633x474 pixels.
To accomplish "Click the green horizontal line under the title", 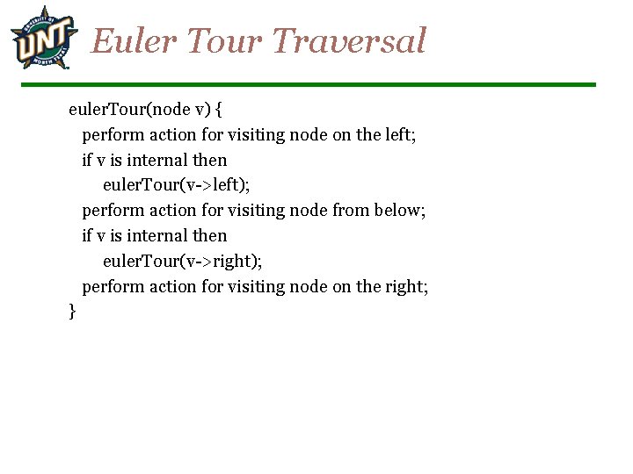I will pos(308,84).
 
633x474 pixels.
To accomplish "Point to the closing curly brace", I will pos(72,312).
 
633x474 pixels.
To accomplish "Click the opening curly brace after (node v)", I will pos(219,110).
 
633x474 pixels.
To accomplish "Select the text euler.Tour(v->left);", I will pos(177,185).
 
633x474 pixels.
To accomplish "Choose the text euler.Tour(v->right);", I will pos(182,261).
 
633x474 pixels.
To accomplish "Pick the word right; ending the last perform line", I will pos(406,286).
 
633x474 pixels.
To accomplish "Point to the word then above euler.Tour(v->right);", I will pos(210,236).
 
